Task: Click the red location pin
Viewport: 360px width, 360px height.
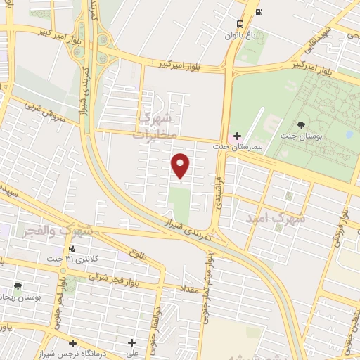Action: coord(181,165)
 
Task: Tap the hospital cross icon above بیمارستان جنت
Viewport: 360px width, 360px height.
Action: coord(237,135)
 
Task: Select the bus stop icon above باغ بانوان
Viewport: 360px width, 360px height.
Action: coord(241,22)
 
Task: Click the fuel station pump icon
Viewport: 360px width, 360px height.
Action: coord(259,12)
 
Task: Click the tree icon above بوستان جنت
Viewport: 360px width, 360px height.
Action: coord(301,125)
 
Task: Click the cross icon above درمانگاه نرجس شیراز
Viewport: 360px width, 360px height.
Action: coord(72,342)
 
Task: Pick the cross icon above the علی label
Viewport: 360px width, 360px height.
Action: coord(131,342)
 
